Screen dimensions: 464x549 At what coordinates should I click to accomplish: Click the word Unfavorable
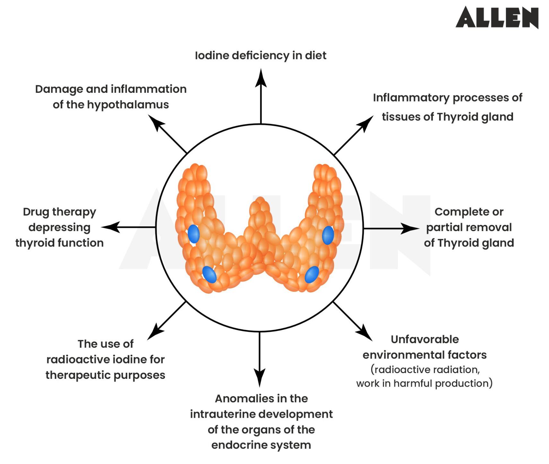(425, 339)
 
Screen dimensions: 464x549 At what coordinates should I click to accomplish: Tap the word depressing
(59, 227)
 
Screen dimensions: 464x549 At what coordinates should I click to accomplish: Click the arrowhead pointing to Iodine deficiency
(261, 78)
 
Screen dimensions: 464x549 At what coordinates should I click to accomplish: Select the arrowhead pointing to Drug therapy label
(110, 227)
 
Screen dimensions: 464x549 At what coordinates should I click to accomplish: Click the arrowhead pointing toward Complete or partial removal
(411, 228)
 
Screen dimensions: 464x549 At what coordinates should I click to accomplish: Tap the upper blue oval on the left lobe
(194, 234)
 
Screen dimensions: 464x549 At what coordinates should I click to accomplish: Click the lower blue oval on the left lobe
(209, 274)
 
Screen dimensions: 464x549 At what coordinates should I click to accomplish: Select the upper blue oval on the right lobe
(328, 235)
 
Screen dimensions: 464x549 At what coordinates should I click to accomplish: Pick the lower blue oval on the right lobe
(311, 275)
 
